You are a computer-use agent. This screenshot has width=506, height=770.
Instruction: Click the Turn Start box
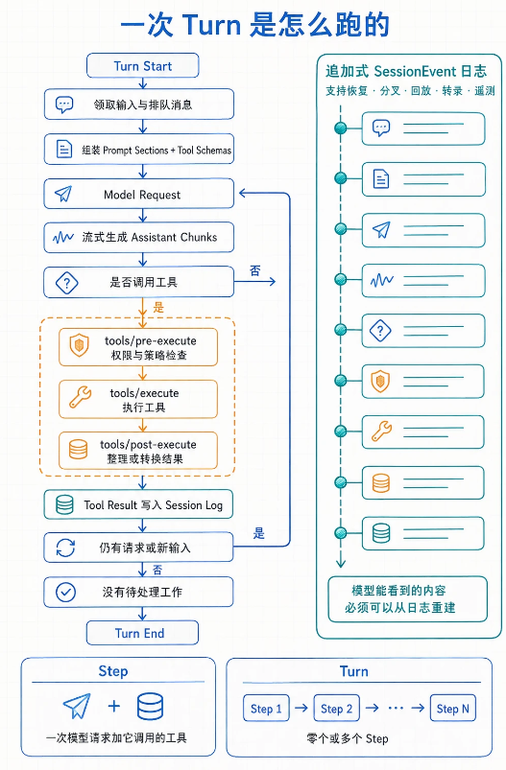(x=143, y=66)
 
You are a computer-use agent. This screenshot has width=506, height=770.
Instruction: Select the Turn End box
(x=142, y=633)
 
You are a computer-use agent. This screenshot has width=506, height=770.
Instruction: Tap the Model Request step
(x=138, y=195)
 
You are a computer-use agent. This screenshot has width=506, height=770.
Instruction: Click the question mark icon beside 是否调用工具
(x=67, y=282)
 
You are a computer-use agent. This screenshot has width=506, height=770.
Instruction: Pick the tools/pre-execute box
(x=138, y=348)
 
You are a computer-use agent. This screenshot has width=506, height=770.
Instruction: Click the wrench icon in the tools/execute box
(x=80, y=397)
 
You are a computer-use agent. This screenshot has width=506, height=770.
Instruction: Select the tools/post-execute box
(x=138, y=451)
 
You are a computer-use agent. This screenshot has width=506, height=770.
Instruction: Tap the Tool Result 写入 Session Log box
(x=138, y=504)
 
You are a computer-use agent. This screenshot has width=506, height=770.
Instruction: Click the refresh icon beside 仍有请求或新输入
(x=65, y=548)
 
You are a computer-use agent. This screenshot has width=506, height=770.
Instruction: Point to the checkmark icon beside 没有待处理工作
(x=65, y=593)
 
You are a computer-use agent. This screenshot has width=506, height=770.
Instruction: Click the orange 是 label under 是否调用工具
(x=158, y=308)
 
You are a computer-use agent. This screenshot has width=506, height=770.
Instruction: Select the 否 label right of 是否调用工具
(x=254, y=270)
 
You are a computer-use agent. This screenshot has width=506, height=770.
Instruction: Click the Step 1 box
(x=266, y=708)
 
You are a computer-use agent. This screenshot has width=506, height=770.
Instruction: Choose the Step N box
(x=453, y=708)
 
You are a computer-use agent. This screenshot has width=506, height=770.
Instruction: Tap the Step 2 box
(x=336, y=708)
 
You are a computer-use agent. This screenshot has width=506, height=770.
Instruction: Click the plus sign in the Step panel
(x=114, y=706)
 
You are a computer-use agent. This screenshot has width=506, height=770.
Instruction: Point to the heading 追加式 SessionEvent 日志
(x=406, y=72)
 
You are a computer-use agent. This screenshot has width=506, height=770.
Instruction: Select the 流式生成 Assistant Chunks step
(x=138, y=238)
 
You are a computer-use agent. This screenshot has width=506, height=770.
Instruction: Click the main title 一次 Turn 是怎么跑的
(x=254, y=25)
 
